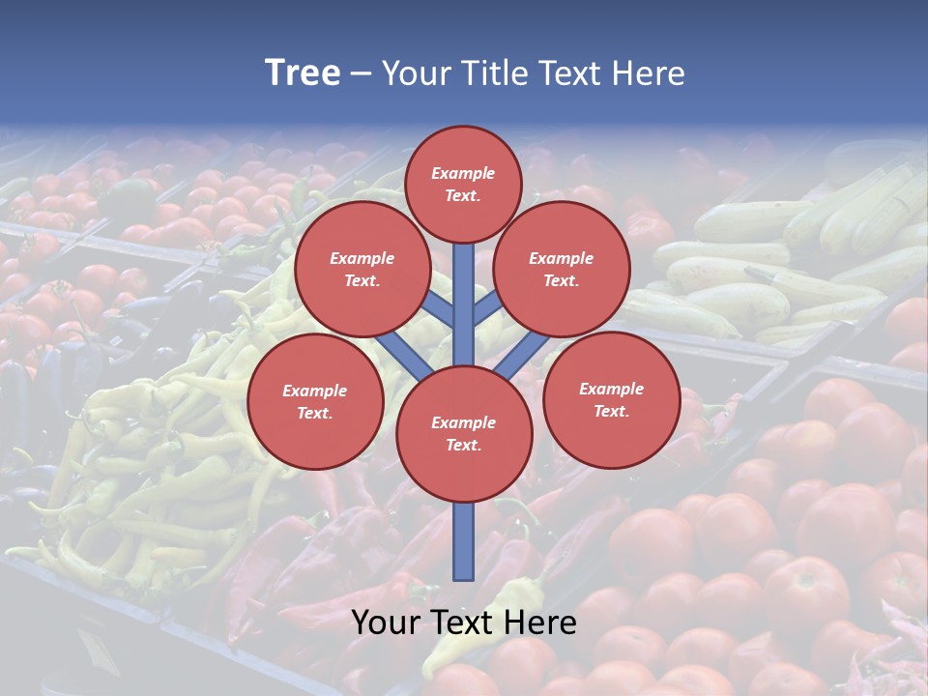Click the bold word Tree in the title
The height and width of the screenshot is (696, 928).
[x=303, y=73]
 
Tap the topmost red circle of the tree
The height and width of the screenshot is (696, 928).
[x=463, y=184]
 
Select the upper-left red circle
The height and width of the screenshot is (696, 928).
[x=362, y=269]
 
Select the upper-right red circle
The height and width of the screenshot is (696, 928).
[x=562, y=269]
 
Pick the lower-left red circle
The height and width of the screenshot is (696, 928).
[x=315, y=401]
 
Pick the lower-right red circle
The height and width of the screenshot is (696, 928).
[x=611, y=399]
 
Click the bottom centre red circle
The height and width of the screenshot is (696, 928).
[x=464, y=433]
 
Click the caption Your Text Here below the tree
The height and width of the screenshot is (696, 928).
[x=464, y=623]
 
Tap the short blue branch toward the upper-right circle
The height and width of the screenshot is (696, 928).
[x=489, y=307]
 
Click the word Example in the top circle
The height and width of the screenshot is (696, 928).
[x=463, y=173]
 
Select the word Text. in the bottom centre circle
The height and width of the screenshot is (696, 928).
[x=463, y=445]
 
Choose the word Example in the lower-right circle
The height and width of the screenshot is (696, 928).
[x=611, y=389]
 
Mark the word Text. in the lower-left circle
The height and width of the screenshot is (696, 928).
[x=315, y=413]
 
